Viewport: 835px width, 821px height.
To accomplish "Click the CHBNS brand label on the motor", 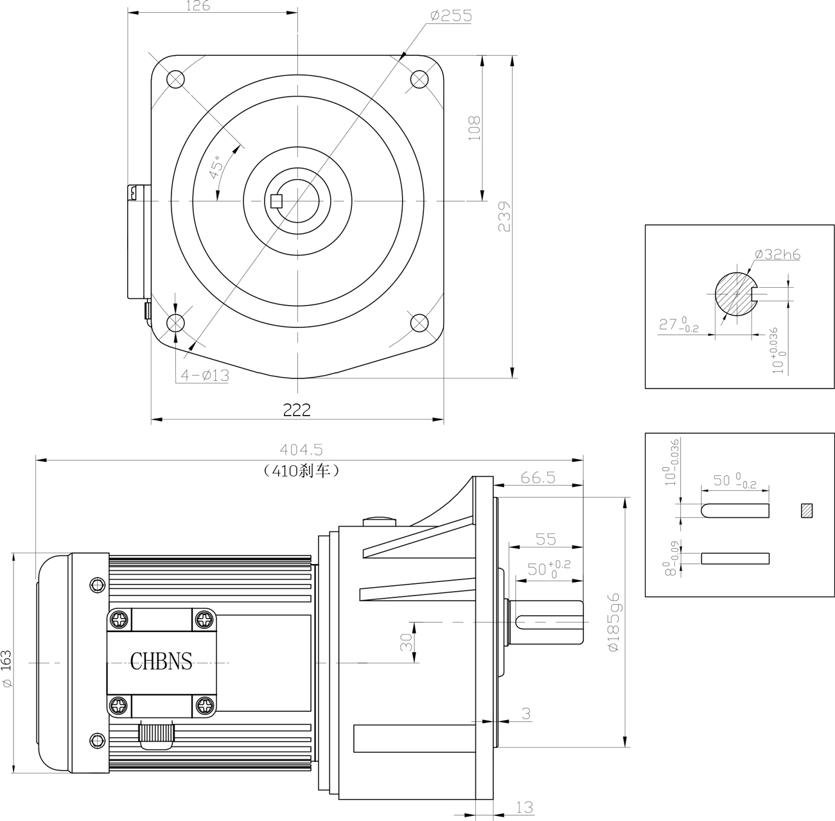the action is tap(161, 661).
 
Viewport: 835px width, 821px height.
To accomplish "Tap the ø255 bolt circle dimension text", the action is tap(451, 16).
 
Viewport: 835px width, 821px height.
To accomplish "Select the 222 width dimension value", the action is tap(297, 410).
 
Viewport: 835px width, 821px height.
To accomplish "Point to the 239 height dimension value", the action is tap(504, 216).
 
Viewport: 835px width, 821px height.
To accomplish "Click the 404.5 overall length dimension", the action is tap(301, 450).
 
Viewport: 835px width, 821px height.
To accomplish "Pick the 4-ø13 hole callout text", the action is tap(204, 375).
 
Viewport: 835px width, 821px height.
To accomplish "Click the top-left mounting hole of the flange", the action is tap(175, 79).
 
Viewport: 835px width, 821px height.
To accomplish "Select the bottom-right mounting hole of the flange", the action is tap(419, 322).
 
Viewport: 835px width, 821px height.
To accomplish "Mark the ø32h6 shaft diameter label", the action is tap(777, 254).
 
